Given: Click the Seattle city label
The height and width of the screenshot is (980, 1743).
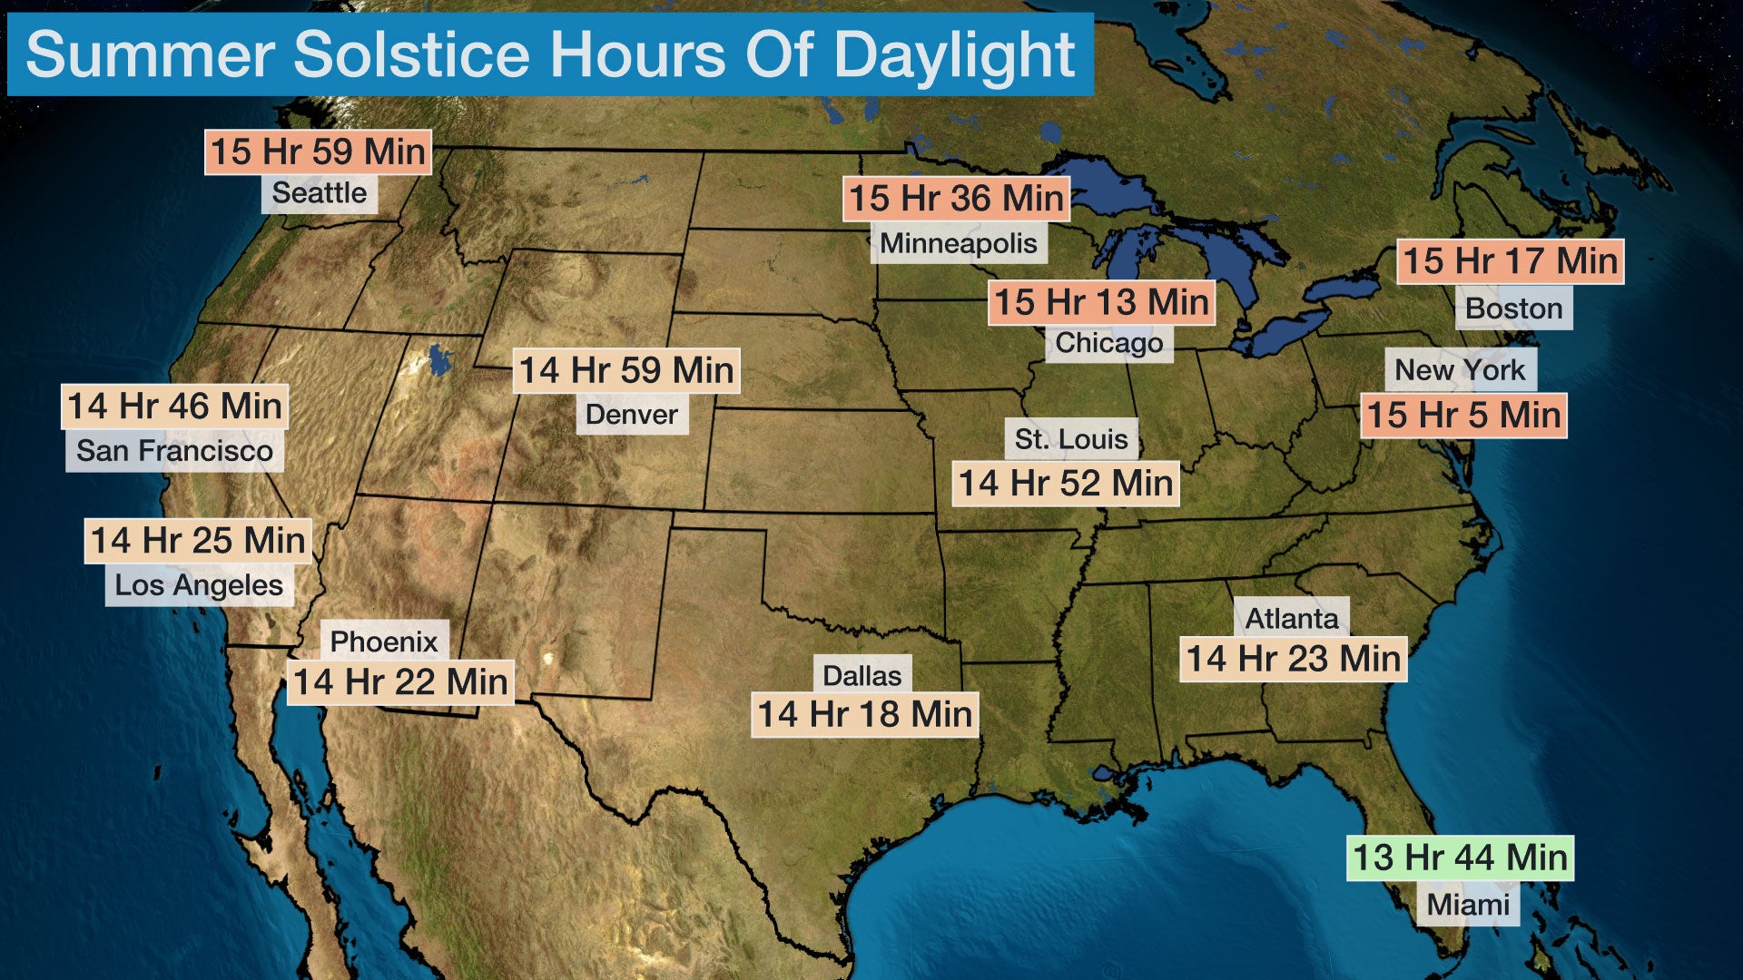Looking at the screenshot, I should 319,193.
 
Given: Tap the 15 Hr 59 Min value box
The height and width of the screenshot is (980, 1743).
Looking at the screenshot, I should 318,152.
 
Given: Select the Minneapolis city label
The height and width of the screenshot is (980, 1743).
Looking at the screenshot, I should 959,243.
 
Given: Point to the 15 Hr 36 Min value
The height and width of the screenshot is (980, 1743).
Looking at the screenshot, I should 956,199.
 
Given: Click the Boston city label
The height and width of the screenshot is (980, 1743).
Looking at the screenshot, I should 1513,309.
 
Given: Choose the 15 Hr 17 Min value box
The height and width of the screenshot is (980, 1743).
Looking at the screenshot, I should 1510,261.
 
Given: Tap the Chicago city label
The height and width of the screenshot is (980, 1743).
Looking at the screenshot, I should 1108,343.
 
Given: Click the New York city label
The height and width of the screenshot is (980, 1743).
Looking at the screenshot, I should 1460,370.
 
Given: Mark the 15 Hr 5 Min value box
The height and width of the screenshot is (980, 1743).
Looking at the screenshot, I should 1463,416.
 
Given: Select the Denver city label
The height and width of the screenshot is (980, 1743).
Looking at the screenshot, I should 632,415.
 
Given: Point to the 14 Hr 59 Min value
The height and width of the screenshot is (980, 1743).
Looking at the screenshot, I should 626,370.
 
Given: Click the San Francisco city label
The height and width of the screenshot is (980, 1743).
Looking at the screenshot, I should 174,451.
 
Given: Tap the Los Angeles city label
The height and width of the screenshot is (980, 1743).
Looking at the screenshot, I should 199,585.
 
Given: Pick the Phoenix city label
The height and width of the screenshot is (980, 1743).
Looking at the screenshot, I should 384,642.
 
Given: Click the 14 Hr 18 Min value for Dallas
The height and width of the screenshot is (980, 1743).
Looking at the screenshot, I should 865,714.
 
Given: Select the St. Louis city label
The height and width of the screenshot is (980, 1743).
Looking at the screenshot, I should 1071,439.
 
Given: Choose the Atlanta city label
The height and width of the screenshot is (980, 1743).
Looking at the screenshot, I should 1292,619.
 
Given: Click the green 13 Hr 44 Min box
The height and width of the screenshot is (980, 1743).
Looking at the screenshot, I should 1460,857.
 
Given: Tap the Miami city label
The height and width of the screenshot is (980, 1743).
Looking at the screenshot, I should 1468,905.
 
